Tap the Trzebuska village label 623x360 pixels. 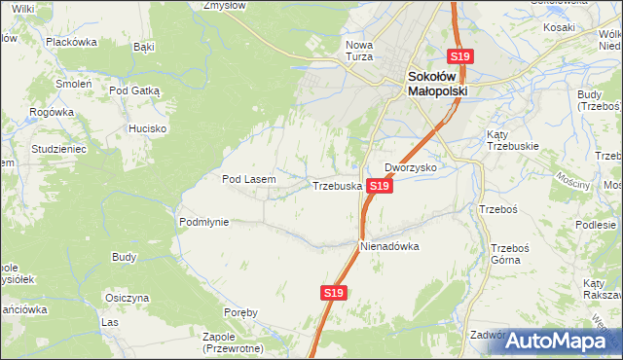pyautogui.click(x=337, y=185)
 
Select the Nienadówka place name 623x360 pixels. pyautogui.click(x=389, y=246)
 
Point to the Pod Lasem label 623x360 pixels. pyautogui.click(x=249, y=179)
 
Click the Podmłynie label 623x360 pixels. pyautogui.click(x=203, y=222)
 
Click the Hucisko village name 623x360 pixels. pyautogui.click(x=148, y=128)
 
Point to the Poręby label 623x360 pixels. pyautogui.click(x=240, y=312)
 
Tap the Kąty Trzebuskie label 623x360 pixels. pyautogui.click(x=512, y=140)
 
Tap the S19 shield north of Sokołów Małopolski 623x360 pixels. pyautogui.click(x=459, y=57)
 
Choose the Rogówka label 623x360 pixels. pyautogui.click(x=52, y=112)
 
